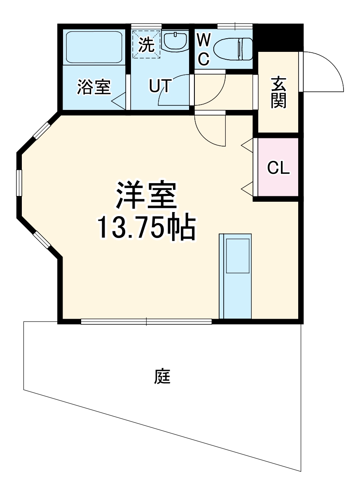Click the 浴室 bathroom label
pos(94,87)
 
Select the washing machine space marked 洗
pos(146,44)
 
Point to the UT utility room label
pos(159,86)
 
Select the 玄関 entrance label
pos(278,93)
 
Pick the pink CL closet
pos(278,167)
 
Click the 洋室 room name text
pos(146,196)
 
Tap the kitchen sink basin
pos(237,255)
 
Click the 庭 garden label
pos(162,376)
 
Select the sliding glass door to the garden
pos(146,322)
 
